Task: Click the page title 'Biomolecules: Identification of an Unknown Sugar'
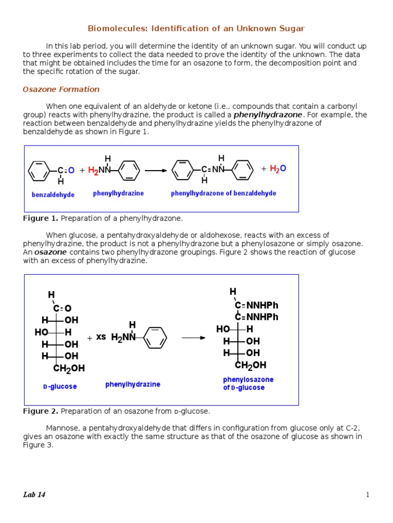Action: (x=196, y=29)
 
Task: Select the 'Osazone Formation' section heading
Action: (x=61, y=89)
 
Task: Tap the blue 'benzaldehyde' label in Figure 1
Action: (x=53, y=195)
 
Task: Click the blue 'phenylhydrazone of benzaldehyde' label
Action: (x=223, y=194)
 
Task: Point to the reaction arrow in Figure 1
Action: (x=156, y=171)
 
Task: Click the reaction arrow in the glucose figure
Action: (x=193, y=338)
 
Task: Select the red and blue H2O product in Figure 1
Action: (x=278, y=169)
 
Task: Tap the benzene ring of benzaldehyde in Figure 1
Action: (x=39, y=171)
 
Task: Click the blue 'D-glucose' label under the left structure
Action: (x=60, y=387)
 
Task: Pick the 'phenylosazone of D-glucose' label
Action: (x=248, y=384)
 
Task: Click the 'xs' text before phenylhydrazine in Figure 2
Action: (x=101, y=337)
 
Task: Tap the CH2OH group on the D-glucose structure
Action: (x=69, y=368)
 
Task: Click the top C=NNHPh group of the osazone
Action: (x=257, y=305)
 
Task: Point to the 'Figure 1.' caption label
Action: (x=40, y=219)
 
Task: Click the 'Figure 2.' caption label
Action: (x=40, y=411)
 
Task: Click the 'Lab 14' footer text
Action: (x=34, y=494)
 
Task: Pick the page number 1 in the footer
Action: (x=367, y=494)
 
